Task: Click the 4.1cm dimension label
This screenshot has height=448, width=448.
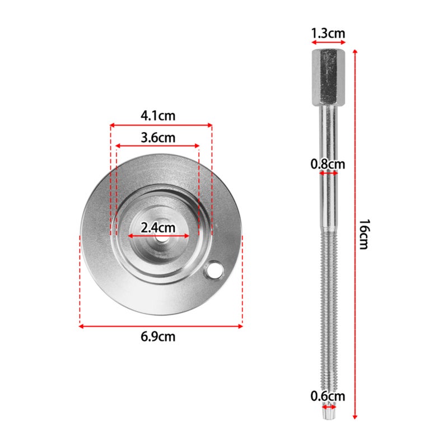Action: click(x=158, y=116)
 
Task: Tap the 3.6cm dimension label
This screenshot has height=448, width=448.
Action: click(x=158, y=138)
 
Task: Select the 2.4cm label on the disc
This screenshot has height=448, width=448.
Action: click(x=158, y=228)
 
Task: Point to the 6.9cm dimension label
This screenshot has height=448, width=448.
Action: click(x=158, y=337)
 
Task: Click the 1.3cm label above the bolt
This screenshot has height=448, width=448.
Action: click(x=328, y=34)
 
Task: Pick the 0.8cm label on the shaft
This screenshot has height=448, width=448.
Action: click(x=328, y=164)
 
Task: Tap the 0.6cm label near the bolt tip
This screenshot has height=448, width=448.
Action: click(x=328, y=396)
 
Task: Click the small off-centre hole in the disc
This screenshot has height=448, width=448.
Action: click(x=214, y=270)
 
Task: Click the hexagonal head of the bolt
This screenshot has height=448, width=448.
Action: click(x=328, y=77)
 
